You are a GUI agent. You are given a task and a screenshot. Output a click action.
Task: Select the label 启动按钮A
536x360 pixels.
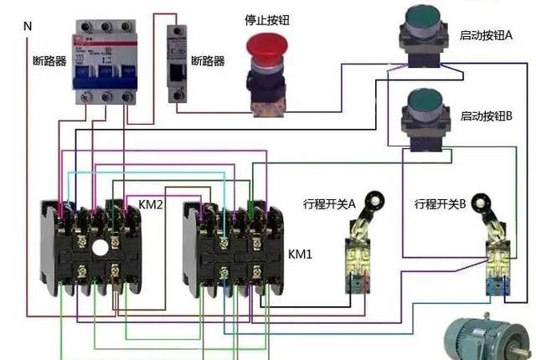point(486,36)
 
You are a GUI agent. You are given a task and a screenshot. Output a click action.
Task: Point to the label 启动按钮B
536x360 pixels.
point(486,116)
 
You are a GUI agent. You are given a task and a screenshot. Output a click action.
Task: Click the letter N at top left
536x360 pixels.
point(28,26)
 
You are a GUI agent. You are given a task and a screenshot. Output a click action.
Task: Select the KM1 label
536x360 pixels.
point(300,253)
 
